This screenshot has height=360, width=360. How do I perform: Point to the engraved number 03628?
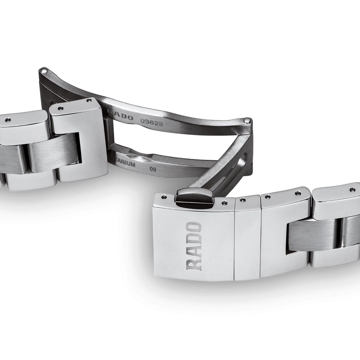click(x=152, y=122)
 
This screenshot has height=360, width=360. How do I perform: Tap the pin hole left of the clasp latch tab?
click(x=164, y=197)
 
